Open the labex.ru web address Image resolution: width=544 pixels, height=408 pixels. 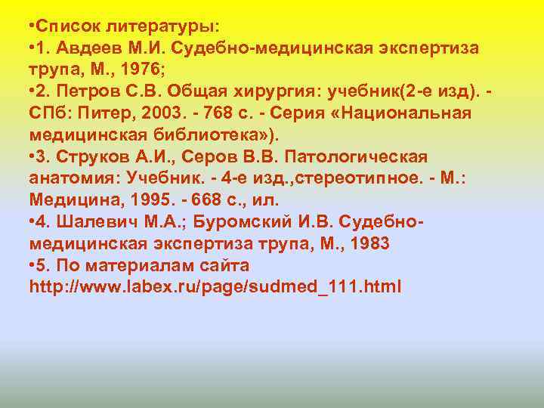[x=215, y=288]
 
